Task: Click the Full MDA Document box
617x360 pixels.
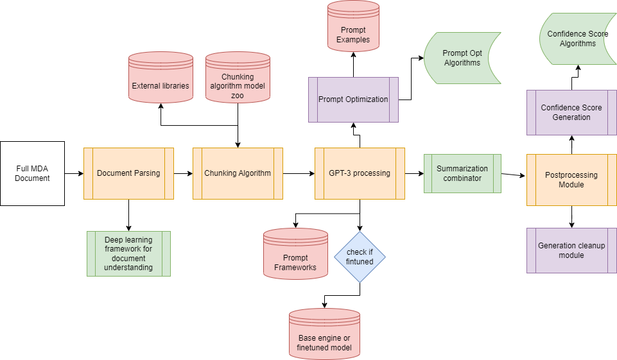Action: (32, 173)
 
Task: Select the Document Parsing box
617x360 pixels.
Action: (128, 173)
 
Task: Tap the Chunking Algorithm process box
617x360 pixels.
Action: (238, 173)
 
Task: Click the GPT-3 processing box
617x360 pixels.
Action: (360, 173)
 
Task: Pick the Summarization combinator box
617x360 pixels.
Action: (462, 173)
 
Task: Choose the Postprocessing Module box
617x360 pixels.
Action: (571, 180)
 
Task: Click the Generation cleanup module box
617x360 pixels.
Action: (571, 250)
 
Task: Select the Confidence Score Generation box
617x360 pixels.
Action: (571, 112)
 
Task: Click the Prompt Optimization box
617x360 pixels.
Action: (353, 99)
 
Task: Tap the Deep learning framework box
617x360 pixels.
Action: (128, 253)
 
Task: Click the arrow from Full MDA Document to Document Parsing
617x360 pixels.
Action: (74, 173)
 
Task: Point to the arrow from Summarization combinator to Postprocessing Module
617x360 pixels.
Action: (514, 175)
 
